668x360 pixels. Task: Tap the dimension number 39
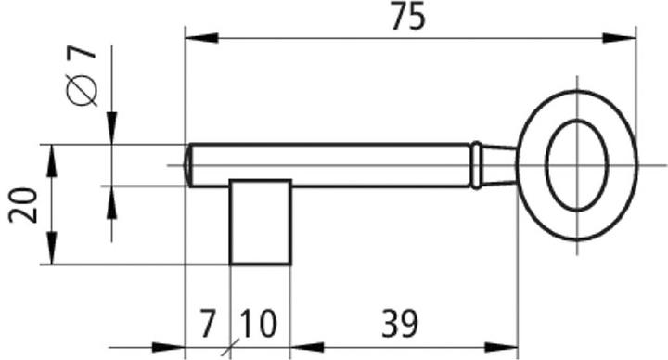click(399, 324)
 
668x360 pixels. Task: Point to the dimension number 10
click(258, 324)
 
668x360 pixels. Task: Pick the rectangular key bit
click(261, 223)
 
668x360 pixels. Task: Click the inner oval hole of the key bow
click(576, 164)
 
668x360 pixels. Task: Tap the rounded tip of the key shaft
click(189, 165)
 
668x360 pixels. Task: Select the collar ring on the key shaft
click(475, 164)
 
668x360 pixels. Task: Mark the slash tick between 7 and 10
click(229, 350)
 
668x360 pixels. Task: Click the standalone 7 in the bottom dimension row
click(207, 324)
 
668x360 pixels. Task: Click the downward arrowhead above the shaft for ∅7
click(110, 131)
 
